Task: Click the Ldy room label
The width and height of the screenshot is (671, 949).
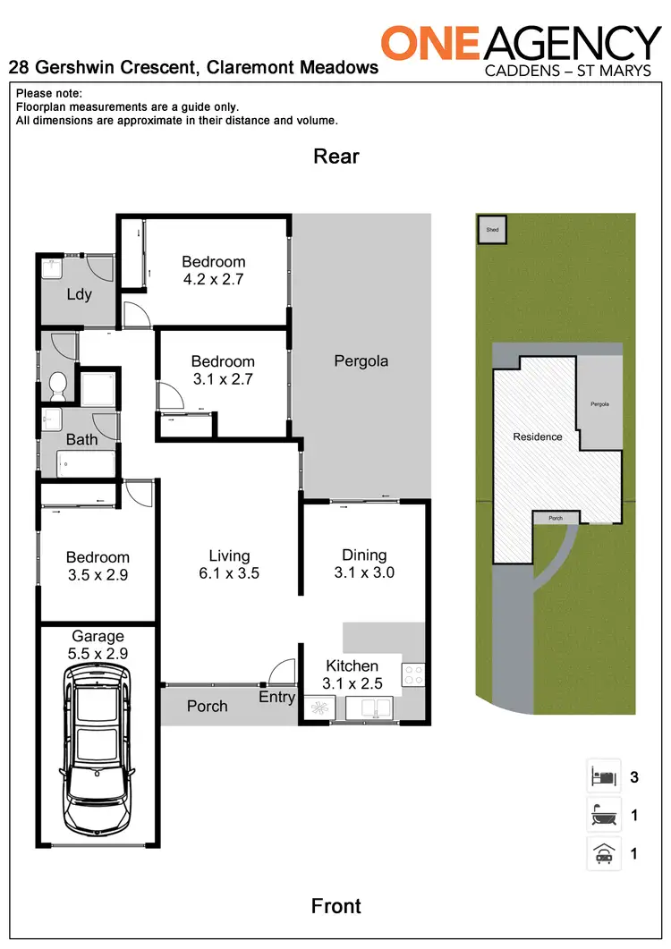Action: pos(79,293)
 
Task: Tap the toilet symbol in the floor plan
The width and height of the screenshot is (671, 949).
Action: pos(59,385)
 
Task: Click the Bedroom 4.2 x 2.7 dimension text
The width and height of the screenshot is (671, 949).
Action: pos(213,278)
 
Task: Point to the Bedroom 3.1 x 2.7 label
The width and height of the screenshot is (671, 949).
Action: pos(223,370)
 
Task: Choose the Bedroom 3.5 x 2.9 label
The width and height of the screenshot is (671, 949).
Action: pos(98,566)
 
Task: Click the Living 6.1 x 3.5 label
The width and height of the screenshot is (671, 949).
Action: pos(229,564)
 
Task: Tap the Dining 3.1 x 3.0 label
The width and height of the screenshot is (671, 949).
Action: pos(364,563)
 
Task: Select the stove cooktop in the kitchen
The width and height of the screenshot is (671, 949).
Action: pos(413,674)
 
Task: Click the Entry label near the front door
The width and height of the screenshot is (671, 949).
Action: pos(276,697)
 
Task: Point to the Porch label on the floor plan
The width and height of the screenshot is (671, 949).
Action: pos(207,706)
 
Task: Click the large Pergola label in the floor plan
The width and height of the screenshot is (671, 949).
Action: pos(361,361)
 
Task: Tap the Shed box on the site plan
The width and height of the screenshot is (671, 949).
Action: pos(491,229)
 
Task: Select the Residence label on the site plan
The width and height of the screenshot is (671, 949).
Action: pos(538,436)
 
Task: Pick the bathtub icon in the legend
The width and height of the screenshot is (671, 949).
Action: pos(603,815)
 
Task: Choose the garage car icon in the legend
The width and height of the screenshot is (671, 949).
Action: pos(603,853)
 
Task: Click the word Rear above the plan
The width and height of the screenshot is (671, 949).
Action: pos(335,157)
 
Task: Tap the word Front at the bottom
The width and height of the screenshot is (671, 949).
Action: pos(335,906)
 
